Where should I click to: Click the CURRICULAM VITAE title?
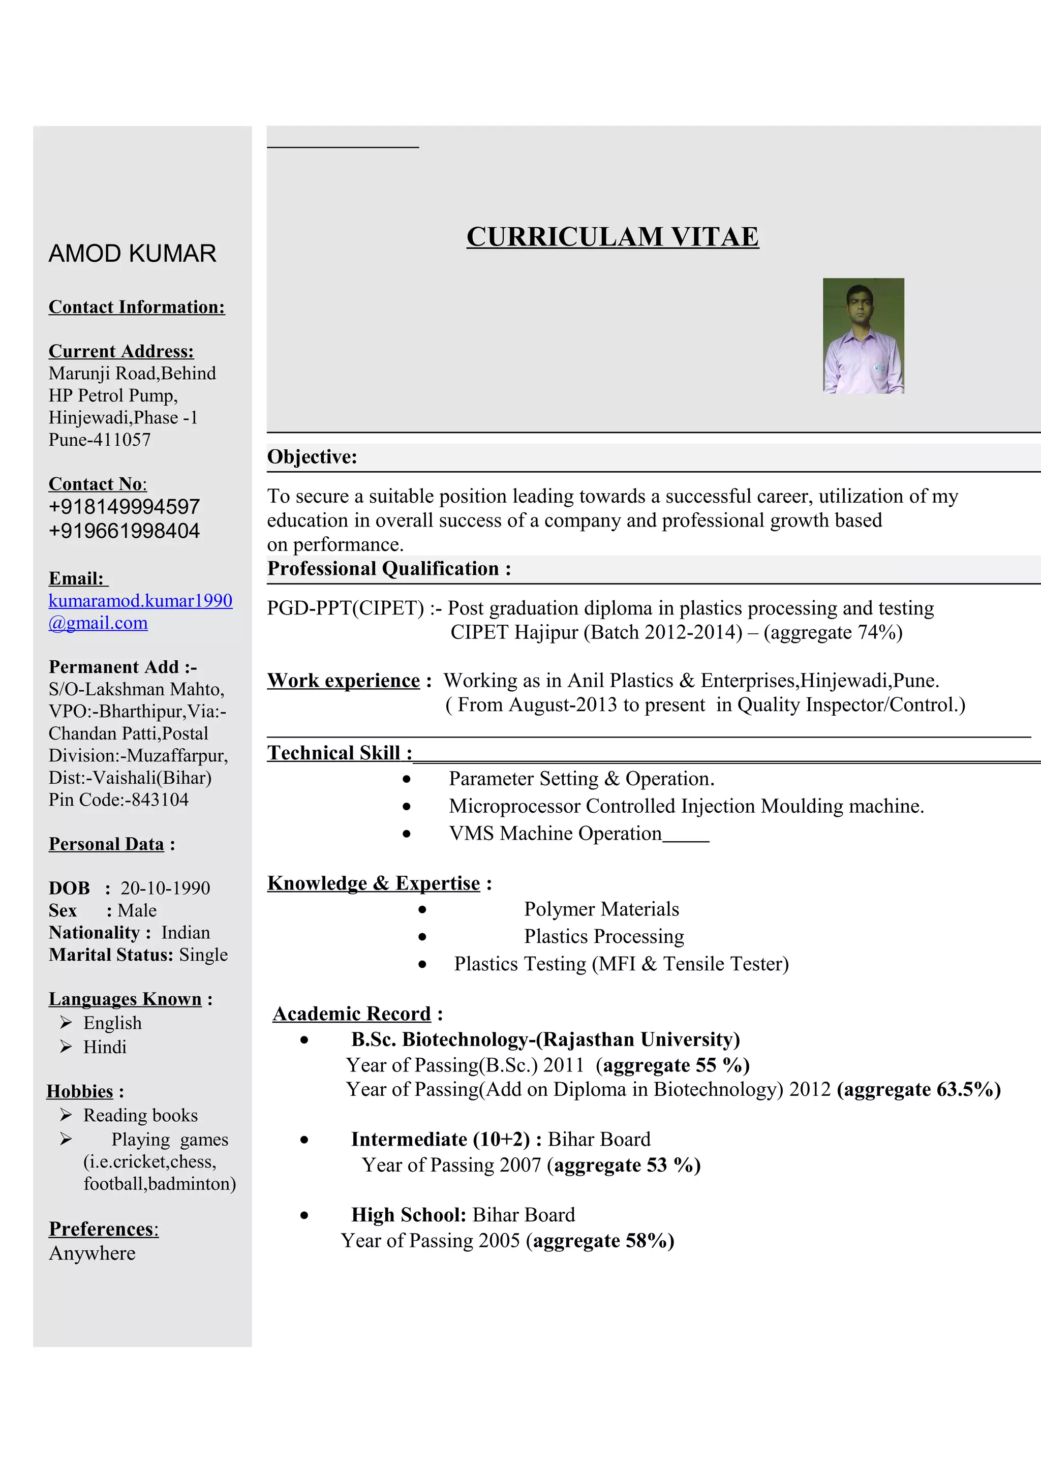pyautogui.click(x=613, y=237)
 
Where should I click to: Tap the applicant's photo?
pyautogui.click(x=863, y=335)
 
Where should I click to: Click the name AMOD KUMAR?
pyautogui.click(x=132, y=254)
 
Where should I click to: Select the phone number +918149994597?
pyautogui.click(x=125, y=507)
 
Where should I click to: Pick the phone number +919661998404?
pyautogui.click(x=125, y=531)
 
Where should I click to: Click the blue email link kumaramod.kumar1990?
pyautogui.click(x=140, y=600)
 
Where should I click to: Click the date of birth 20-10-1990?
pyautogui.click(x=166, y=888)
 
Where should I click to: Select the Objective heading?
pyautogui.click(x=312, y=457)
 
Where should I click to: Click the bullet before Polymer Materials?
pyautogui.click(x=422, y=910)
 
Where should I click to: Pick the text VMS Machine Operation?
pyautogui.click(x=555, y=834)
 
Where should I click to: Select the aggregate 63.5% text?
pyautogui.click(x=918, y=1089)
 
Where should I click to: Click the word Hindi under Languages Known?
pyautogui.click(x=105, y=1047)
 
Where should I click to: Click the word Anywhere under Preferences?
pyautogui.click(x=93, y=1253)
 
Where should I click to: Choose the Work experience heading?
pyautogui.click(x=344, y=680)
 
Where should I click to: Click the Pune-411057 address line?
pyautogui.click(x=100, y=440)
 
